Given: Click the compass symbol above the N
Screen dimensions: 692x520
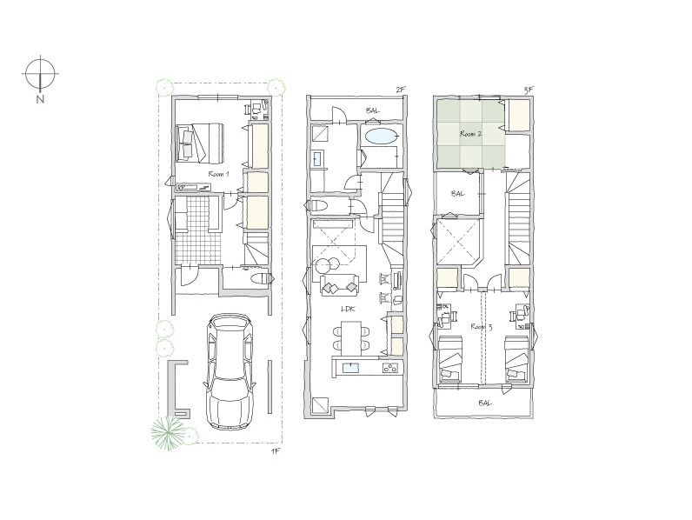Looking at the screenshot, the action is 40,73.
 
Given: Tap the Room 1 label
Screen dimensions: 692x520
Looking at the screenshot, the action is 218,174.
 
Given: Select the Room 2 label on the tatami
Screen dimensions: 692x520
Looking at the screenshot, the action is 470,134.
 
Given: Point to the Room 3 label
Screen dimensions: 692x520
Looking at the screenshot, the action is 482,327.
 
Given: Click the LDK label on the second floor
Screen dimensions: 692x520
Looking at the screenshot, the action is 349,310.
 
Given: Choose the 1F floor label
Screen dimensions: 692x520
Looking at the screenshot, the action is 276,451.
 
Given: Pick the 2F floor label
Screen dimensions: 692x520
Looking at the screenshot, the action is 400,90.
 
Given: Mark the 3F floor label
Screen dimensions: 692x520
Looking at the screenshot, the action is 529,90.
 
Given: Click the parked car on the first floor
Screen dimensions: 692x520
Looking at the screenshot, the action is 230,371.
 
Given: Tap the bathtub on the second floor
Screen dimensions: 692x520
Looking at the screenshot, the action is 381,136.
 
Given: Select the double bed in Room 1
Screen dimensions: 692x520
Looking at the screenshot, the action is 200,143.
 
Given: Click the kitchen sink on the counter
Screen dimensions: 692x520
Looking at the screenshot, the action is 351,368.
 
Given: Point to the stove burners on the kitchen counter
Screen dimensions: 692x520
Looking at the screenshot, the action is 391,367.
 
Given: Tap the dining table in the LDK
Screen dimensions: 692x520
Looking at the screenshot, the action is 351,337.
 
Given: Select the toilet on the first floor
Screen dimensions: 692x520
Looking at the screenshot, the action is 261,279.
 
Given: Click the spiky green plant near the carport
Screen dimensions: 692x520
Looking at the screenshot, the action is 167,431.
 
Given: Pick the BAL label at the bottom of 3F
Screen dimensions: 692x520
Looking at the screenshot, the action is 484,403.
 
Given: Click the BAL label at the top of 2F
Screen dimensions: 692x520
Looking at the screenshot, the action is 372,110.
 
